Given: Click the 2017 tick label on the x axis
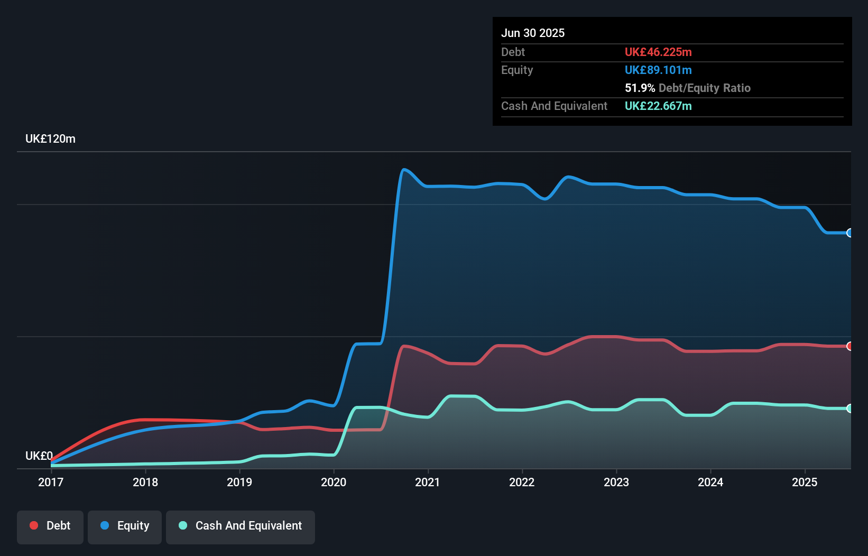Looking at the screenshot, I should click(51, 482).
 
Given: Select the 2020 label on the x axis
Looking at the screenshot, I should click(334, 482).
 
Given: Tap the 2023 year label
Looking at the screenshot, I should click(616, 482).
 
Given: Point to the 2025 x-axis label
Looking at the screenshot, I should click(805, 482).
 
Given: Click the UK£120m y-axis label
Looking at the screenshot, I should click(50, 139).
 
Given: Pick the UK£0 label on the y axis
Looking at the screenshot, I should click(39, 456).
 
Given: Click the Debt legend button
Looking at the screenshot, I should click(50, 526).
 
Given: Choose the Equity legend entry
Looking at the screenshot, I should click(125, 526).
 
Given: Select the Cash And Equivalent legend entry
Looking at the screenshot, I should click(241, 526).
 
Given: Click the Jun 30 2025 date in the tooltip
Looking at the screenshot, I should click(533, 33).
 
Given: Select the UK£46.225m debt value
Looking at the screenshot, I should click(658, 52).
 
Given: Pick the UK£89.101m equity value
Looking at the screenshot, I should click(658, 70).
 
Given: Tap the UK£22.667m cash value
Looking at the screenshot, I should click(658, 106).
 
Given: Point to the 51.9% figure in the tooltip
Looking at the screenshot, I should click(640, 88).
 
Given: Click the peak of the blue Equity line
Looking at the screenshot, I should click(404, 170).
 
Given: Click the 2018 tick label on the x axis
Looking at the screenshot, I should click(145, 482).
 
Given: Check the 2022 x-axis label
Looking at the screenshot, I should click(522, 482).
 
